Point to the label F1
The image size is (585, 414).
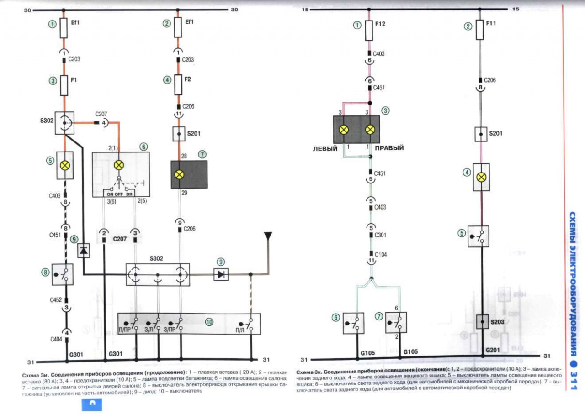(74, 79)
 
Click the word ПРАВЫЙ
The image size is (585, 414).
(389, 148)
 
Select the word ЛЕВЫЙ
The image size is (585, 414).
(325, 148)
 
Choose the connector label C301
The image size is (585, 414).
(380, 236)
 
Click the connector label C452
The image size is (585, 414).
(56, 300)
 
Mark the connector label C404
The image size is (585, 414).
(56, 341)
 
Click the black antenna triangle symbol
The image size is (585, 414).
(267, 236)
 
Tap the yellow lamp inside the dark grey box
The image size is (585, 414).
(180, 174)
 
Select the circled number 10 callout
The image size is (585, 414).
(209, 322)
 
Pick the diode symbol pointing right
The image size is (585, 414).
(222, 274)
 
